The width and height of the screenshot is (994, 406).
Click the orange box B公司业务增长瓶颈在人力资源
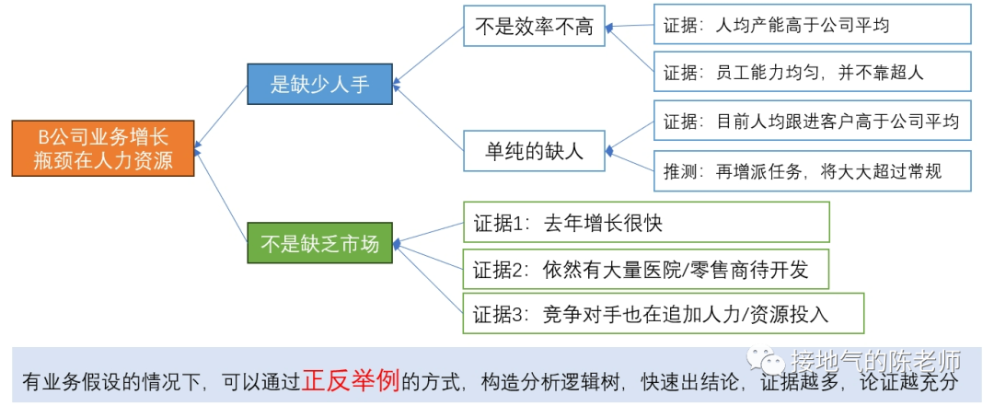(103, 148)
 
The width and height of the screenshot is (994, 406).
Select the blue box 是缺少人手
(319, 84)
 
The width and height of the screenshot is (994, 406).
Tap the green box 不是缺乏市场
(319, 244)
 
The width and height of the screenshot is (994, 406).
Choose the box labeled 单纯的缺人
(534, 151)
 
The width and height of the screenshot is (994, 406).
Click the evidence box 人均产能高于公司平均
(812, 25)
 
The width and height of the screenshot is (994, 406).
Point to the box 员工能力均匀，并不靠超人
(812, 70)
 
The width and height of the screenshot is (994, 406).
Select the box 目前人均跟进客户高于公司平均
(812, 121)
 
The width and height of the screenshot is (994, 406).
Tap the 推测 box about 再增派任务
(812, 171)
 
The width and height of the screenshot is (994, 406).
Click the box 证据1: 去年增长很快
(646, 222)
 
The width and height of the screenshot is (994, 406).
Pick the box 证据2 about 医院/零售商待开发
(646, 270)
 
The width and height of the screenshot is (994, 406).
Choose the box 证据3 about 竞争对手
(664, 314)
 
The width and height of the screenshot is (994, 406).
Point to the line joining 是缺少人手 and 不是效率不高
(430, 53)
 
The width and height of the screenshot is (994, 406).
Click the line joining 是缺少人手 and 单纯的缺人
(430, 115)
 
